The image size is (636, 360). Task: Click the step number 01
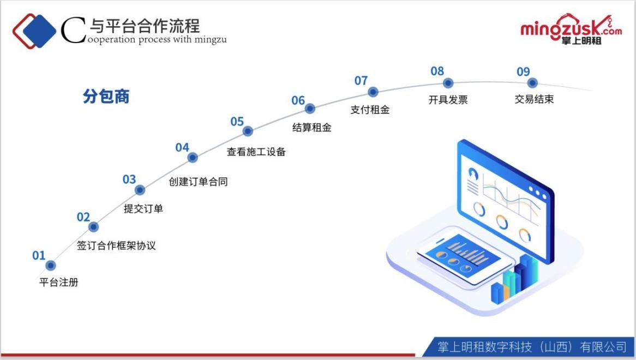(x=39, y=255)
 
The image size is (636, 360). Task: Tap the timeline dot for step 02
(x=93, y=227)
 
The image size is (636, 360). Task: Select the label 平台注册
(x=59, y=283)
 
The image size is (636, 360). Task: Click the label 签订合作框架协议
(x=116, y=245)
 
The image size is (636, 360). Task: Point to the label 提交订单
(x=143, y=208)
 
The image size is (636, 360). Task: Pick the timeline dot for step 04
(x=192, y=158)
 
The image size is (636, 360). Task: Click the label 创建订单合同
(x=198, y=182)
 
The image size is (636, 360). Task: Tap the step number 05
(x=237, y=122)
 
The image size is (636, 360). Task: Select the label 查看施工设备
(x=256, y=152)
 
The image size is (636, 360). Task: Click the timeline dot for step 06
(x=310, y=109)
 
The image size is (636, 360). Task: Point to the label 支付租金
(x=370, y=110)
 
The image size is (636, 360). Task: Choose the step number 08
(x=437, y=71)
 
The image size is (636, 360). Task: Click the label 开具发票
(x=448, y=100)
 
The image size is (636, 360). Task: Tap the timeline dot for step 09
(x=532, y=83)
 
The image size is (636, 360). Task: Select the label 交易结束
(x=534, y=100)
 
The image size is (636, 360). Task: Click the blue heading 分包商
(x=106, y=97)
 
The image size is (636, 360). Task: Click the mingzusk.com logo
(x=570, y=29)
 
